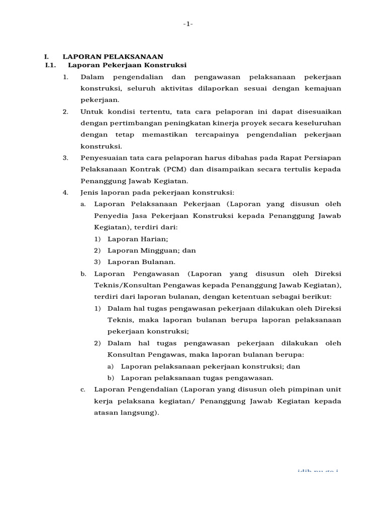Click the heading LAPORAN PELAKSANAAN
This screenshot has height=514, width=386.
click(x=113, y=57)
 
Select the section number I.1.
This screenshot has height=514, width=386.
click(x=50, y=65)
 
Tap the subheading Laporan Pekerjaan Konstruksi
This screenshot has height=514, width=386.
click(x=127, y=65)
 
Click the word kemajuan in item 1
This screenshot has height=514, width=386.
click(x=323, y=88)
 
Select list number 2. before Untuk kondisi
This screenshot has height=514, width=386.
click(x=66, y=111)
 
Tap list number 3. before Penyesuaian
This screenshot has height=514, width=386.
click(x=66, y=158)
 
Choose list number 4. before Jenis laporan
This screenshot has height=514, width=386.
click(x=66, y=192)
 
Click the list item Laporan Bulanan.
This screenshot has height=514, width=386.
click(x=141, y=262)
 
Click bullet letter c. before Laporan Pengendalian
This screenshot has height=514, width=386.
click(x=83, y=390)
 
